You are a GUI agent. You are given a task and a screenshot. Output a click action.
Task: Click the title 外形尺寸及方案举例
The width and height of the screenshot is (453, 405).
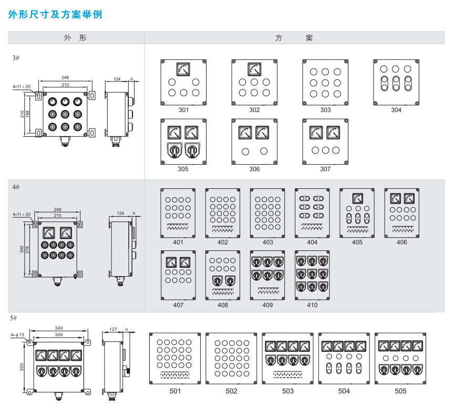[55, 15]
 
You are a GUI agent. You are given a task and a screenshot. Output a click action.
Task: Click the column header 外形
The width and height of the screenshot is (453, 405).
[75, 38]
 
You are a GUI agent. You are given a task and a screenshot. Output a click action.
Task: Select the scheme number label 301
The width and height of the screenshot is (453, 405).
[183, 110]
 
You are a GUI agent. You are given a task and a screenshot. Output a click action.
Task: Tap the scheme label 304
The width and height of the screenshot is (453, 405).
[396, 110]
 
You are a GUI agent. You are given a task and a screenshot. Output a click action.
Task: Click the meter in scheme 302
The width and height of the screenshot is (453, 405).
[254, 69]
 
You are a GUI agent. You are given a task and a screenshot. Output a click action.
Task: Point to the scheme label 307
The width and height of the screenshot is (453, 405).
[325, 169]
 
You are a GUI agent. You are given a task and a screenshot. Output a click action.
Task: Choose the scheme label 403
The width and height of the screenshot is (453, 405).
[268, 242]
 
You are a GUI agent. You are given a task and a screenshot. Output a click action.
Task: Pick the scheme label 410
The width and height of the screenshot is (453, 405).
[312, 305]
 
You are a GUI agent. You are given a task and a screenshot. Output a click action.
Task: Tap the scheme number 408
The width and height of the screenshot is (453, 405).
[223, 305]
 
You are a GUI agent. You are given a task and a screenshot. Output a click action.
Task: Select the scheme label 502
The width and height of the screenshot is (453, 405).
[231, 391]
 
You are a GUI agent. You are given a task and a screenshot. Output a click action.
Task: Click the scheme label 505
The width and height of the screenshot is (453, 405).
[400, 391]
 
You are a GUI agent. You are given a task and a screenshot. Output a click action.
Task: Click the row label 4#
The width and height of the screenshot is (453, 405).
[16, 187]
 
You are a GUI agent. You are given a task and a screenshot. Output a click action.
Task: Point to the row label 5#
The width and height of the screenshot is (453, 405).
[14, 318]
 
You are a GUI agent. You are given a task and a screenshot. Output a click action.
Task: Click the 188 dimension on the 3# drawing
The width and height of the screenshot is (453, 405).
[27, 114]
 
